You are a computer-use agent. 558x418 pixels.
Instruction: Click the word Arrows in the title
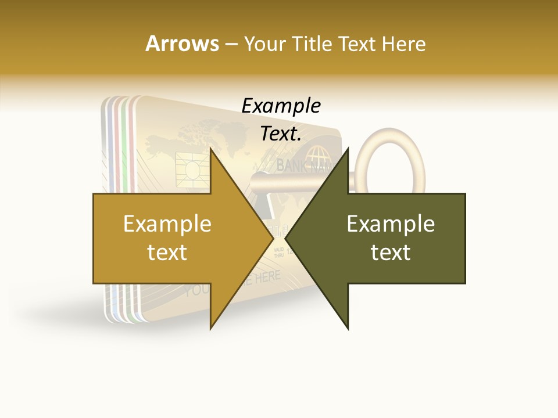pos(182,44)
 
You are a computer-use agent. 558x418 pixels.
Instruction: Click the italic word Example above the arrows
pos(281,106)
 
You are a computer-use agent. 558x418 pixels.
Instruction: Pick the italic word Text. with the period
pos(281,134)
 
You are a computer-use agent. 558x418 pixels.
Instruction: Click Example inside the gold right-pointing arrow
pos(167,224)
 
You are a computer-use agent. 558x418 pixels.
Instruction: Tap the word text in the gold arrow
pos(167,253)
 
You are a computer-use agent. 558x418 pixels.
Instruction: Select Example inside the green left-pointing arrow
pos(391,224)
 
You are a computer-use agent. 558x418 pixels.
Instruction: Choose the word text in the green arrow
pos(391,253)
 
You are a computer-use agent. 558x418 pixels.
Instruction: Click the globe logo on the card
pos(317,155)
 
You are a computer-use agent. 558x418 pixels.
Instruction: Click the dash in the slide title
pos(231,44)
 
